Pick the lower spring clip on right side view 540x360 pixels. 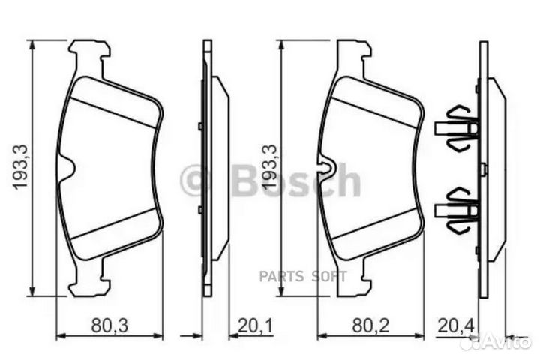[457, 208]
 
